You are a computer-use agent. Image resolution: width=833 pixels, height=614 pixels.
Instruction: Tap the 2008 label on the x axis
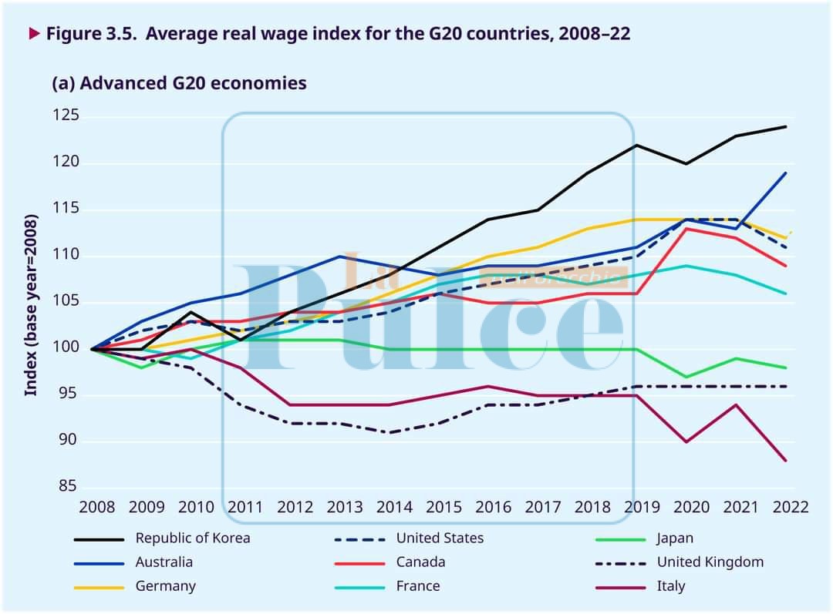[97, 507]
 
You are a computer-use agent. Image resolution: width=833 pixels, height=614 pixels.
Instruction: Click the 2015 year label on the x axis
[444, 507]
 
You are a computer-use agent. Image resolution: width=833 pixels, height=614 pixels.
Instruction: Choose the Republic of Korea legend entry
[193, 539]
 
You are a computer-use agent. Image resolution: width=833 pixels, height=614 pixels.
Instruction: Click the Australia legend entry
[164, 562]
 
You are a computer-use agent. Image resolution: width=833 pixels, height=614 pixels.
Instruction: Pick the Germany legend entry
[165, 586]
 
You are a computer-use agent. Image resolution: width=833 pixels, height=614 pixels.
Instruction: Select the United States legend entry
[440, 539]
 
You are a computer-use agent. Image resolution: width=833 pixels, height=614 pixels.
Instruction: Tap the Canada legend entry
[420, 562]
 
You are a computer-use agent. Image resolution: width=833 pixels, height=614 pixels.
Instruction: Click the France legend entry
[418, 586]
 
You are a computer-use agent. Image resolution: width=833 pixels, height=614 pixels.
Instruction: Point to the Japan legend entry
[675, 539]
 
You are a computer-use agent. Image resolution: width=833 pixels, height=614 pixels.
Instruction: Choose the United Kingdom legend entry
[710, 562]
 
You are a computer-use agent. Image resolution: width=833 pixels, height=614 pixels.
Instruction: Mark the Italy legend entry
[670, 586]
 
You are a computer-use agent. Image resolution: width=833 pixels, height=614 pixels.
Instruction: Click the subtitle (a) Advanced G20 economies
[179, 82]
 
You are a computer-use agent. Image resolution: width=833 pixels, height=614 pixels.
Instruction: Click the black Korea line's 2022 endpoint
[786, 126]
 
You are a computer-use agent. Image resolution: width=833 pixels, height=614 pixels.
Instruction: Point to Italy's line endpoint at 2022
[786, 461]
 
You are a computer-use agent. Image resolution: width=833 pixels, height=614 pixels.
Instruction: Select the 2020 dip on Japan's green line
[686, 377]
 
